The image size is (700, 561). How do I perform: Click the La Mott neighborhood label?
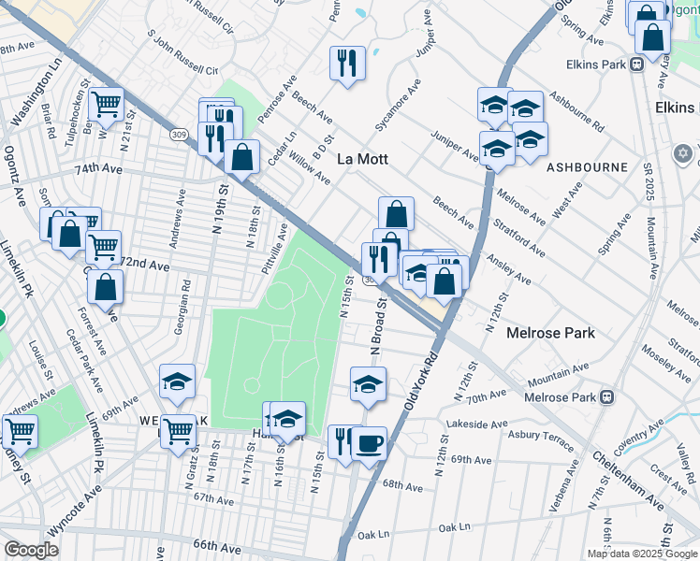pyautogui.click(x=362, y=160)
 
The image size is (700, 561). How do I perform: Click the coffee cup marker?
pyautogui.click(x=369, y=442)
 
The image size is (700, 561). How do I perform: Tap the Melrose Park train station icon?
pyautogui.click(x=607, y=397)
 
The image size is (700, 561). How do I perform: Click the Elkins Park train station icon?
pyautogui.click(x=636, y=65)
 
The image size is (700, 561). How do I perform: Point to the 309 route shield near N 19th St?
pyautogui.click(x=178, y=135)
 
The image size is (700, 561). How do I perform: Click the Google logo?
pyautogui.click(x=31, y=550)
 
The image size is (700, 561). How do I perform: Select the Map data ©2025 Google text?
pyautogui.click(x=643, y=554)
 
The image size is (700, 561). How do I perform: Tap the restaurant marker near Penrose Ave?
pyautogui.click(x=347, y=63)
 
